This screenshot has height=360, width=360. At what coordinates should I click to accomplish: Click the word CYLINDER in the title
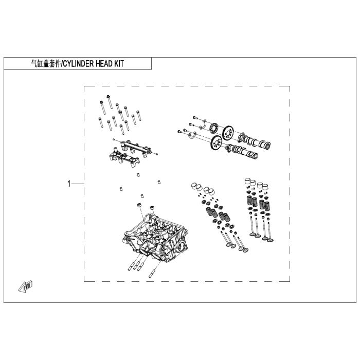tap(83, 64)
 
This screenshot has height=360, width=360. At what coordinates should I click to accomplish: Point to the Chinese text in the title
tap(45, 64)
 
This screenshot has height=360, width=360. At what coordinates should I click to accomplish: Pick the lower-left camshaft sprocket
tap(215, 144)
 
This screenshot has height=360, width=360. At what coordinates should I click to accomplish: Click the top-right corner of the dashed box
tap(290, 86)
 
